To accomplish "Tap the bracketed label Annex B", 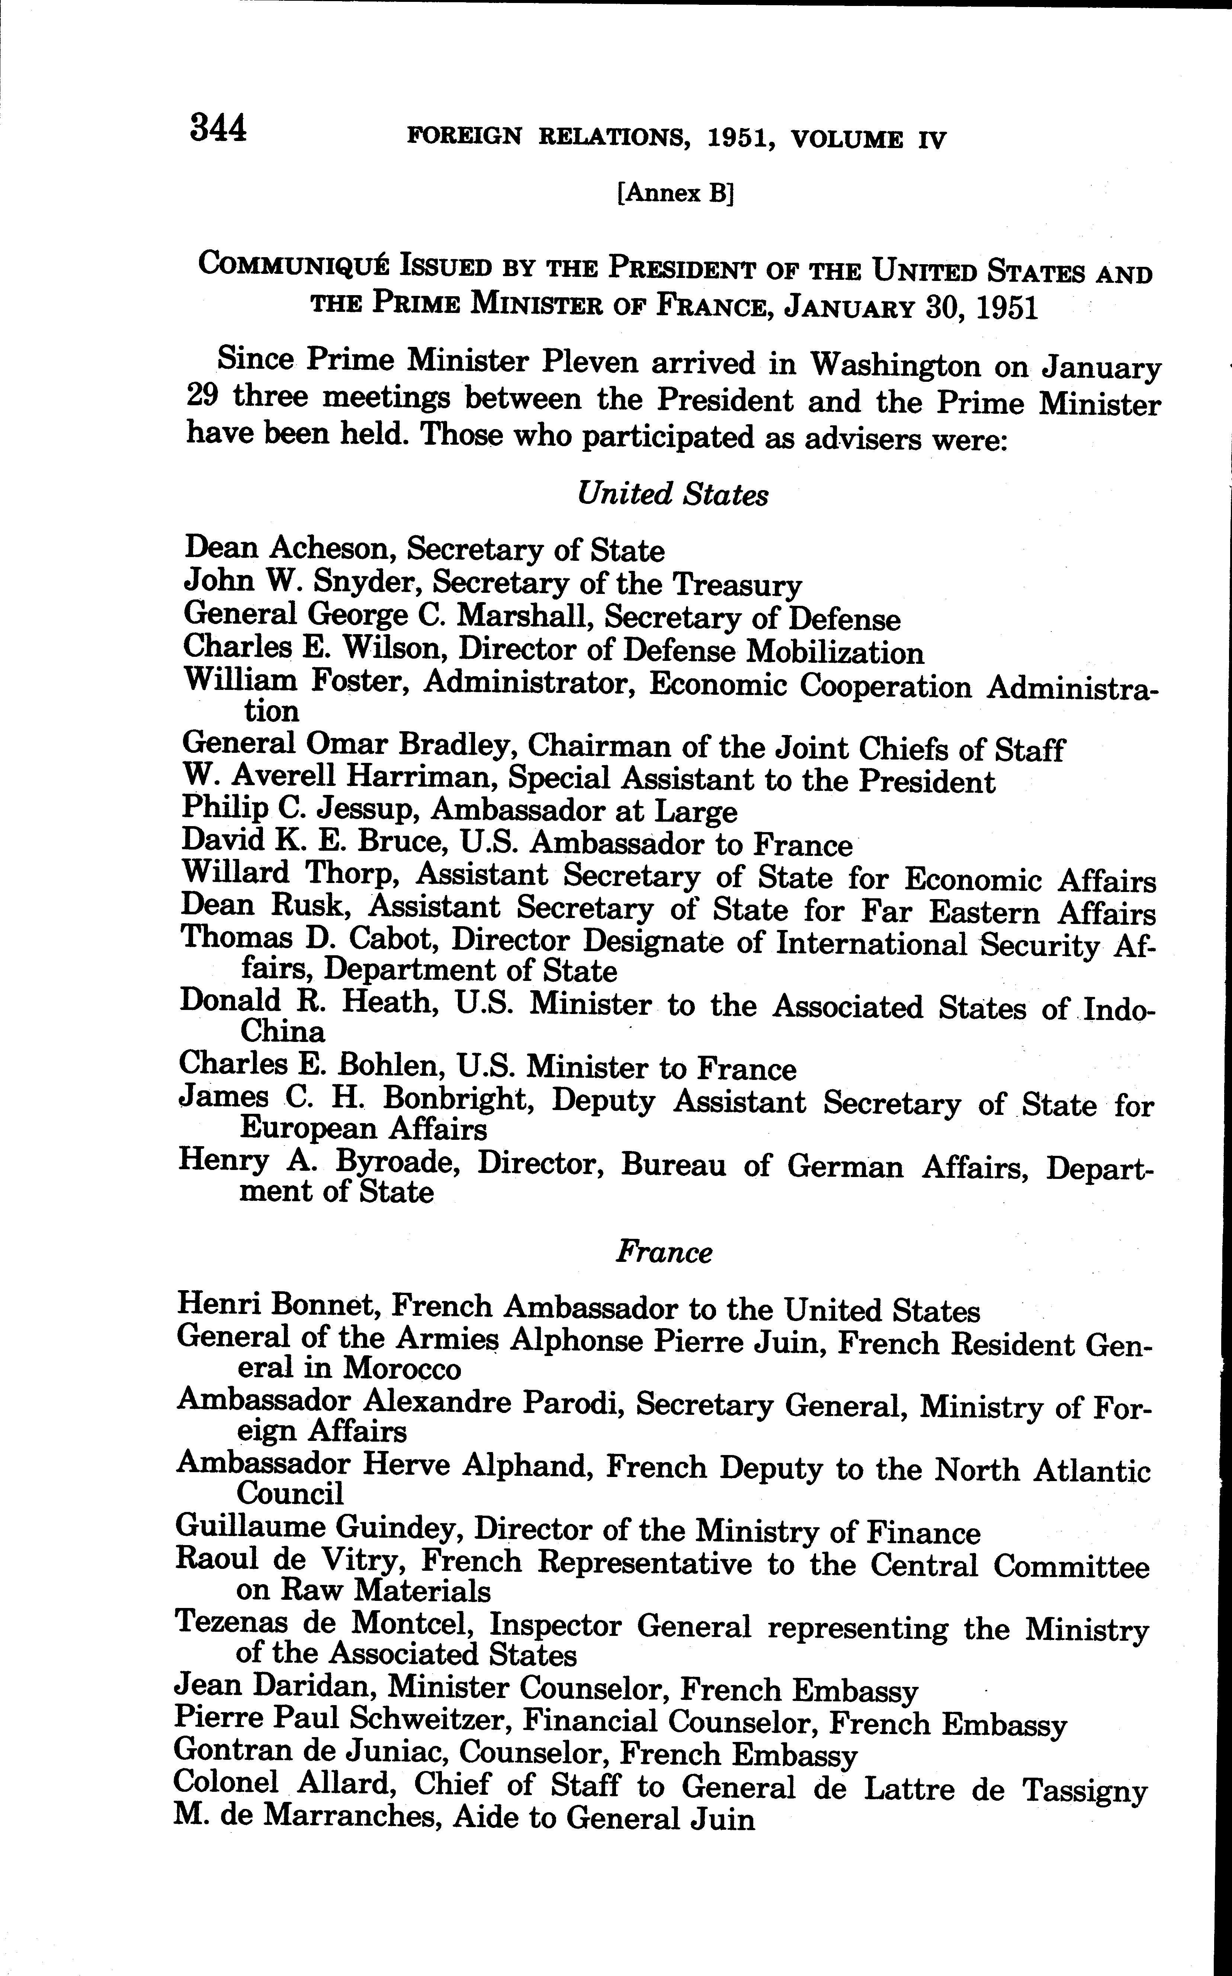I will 676,194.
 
